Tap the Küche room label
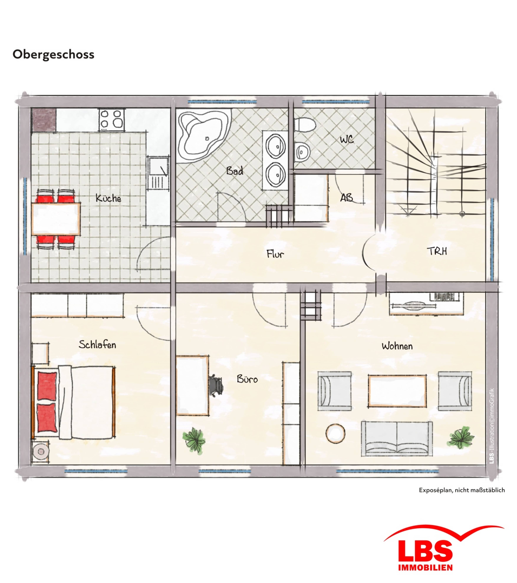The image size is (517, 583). point(108,198)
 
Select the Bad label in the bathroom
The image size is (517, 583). point(234,171)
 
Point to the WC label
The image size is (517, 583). point(347,139)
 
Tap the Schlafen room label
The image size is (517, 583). point(97,345)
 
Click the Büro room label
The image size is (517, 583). point(247,379)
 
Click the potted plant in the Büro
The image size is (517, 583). point(194,440)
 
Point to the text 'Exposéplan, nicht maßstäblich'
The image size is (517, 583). point(462,490)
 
